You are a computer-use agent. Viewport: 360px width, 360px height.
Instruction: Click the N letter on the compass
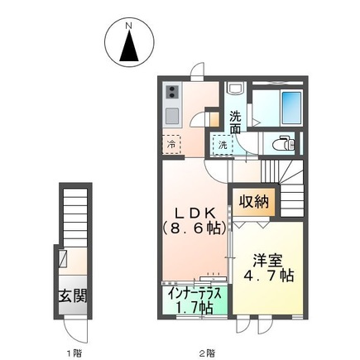[128, 26]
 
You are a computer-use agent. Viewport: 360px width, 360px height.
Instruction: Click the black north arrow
[129, 46]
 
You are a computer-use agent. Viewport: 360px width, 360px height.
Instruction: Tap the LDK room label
[195, 213]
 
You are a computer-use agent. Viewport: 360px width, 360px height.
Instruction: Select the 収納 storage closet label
[254, 202]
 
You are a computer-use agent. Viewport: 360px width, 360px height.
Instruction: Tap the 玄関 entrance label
[73, 296]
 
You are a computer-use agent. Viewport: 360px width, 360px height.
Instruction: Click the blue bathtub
[291, 107]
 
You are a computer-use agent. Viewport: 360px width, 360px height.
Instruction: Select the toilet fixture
[283, 143]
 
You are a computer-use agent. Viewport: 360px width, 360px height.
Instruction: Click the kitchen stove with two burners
[172, 92]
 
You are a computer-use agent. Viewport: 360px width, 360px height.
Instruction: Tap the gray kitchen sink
[172, 116]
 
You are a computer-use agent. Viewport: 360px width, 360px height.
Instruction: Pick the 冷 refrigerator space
[171, 144]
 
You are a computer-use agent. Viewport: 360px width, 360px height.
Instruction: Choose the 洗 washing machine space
[223, 145]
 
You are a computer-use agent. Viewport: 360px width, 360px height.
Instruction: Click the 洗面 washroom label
[235, 122]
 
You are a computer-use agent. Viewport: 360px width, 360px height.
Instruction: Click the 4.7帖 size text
[268, 276]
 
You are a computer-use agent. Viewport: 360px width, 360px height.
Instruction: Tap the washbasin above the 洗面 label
[235, 89]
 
